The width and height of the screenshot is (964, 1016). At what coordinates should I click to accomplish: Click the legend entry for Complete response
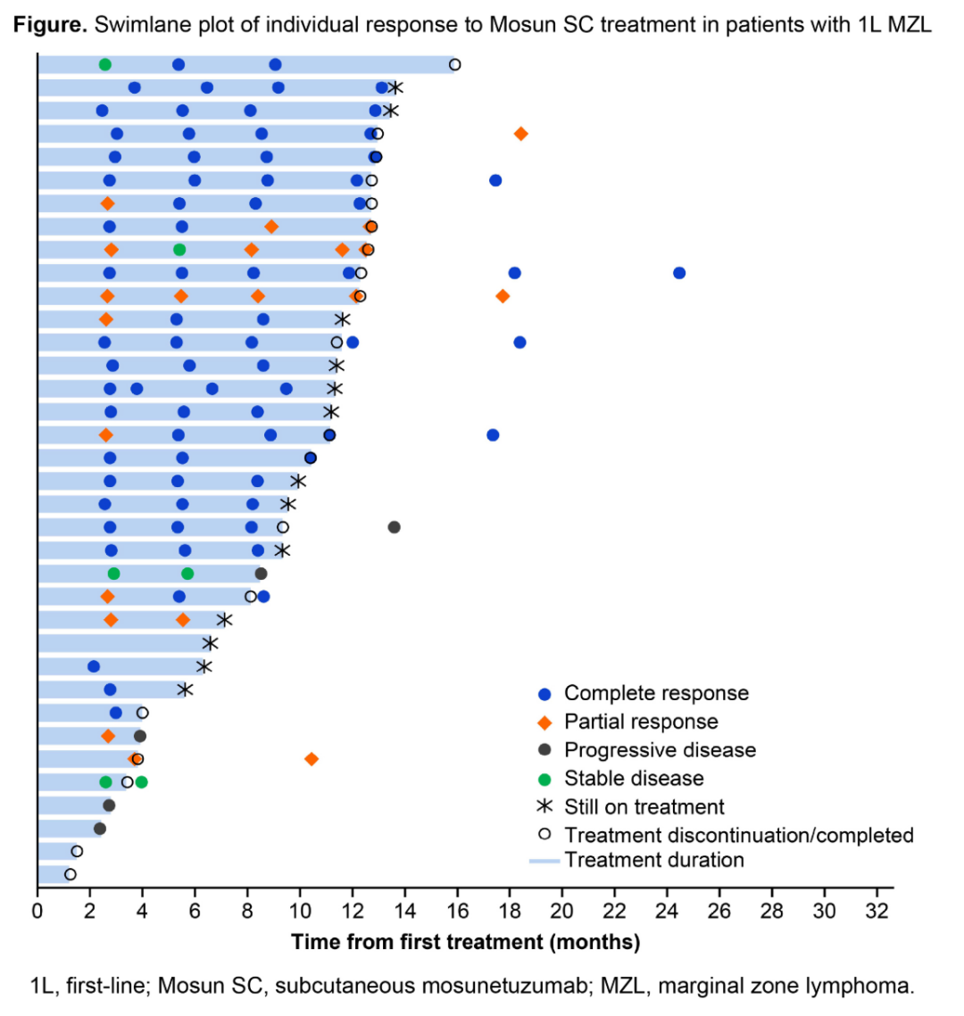tap(656, 693)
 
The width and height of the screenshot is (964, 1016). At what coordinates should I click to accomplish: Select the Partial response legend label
tap(641, 722)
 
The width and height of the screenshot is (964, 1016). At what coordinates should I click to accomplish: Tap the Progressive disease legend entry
tap(660, 750)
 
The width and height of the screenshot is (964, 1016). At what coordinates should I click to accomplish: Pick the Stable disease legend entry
tap(634, 779)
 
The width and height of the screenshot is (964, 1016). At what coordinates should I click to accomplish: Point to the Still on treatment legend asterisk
tap(544, 806)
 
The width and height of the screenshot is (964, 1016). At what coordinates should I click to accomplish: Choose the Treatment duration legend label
tap(653, 860)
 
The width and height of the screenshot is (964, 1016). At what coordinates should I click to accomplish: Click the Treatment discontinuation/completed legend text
tap(739, 835)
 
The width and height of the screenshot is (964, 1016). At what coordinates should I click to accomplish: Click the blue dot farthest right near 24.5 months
tap(679, 273)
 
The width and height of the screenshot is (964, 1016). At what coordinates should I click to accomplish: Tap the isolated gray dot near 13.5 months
tap(395, 527)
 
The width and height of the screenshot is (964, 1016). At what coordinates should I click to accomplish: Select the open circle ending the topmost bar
tap(455, 64)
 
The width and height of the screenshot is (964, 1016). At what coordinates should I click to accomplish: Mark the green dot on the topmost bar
tap(105, 64)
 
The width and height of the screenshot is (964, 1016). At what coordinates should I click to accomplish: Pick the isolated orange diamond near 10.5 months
tap(312, 759)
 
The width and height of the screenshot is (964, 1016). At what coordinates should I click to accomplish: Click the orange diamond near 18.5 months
tap(521, 134)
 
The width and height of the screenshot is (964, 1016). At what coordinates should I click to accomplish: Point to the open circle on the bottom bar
tap(71, 874)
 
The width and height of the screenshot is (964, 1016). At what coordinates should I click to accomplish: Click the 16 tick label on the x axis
tap(457, 911)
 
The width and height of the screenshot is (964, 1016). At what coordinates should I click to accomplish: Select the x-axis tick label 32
tap(877, 911)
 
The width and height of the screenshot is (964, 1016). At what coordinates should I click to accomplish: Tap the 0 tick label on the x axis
tap(37, 911)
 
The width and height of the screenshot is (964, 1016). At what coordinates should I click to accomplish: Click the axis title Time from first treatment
tap(465, 942)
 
